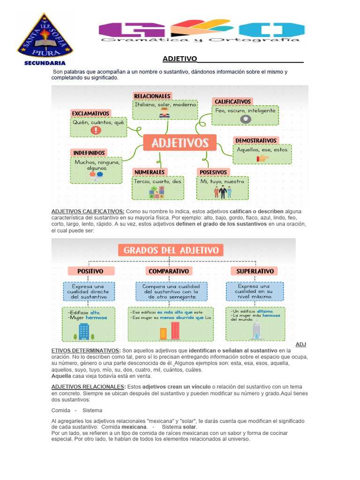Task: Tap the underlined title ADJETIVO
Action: (x=180, y=59)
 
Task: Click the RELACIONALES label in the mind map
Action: (x=152, y=96)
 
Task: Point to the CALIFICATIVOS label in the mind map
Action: (x=232, y=101)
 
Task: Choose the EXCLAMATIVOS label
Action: (x=90, y=113)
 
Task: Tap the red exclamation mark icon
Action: (x=96, y=130)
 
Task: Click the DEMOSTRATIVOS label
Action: (x=256, y=140)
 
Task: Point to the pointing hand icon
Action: (x=263, y=158)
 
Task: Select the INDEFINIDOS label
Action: (x=89, y=152)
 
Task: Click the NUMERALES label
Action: (x=150, y=172)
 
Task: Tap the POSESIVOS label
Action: (x=213, y=172)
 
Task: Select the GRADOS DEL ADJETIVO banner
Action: (x=171, y=250)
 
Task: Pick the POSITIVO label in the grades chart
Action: (x=90, y=271)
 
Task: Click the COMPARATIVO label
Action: (x=169, y=271)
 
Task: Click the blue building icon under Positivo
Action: (x=84, y=331)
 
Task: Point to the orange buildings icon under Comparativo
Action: (x=163, y=333)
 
